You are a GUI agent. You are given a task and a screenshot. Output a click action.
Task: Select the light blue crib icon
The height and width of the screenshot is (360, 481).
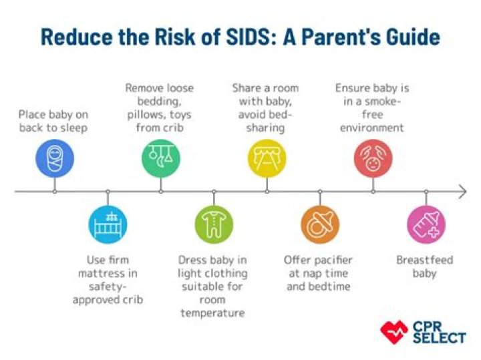click(x=108, y=224)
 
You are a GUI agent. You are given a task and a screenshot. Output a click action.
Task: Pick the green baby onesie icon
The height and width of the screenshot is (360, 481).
click(x=214, y=224)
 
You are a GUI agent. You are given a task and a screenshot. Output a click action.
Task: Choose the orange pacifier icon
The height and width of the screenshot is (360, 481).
click(x=320, y=224)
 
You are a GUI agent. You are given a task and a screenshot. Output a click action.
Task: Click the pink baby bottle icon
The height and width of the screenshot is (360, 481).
click(x=426, y=224)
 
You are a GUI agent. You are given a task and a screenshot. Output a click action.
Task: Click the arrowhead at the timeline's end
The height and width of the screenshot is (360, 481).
click(x=462, y=192)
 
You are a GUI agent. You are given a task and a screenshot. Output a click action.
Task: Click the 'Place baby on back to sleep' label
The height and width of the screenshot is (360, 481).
click(x=54, y=121)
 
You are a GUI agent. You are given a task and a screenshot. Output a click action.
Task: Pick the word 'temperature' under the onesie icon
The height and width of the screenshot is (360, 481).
click(x=212, y=313)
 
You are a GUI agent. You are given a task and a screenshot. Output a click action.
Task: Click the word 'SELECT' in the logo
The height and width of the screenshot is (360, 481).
click(x=440, y=337)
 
